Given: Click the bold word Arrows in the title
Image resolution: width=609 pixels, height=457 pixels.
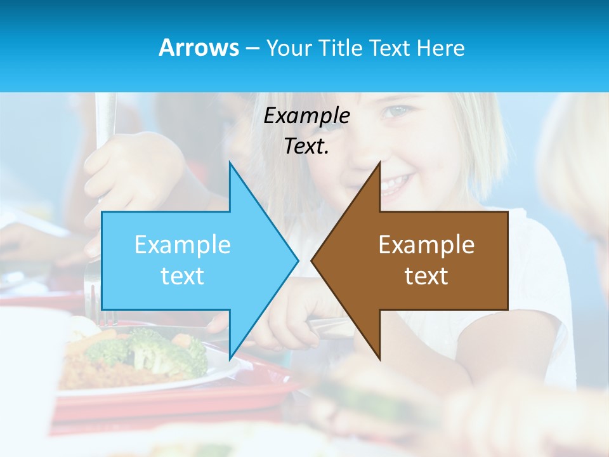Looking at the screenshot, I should [x=199, y=48].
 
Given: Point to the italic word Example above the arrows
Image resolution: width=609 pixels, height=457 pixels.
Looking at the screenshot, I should [x=306, y=116].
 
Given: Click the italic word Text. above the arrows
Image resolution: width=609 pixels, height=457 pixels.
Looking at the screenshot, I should [x=306, y=146].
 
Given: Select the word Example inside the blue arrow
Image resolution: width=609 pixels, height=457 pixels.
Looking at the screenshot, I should [x=182, y=244].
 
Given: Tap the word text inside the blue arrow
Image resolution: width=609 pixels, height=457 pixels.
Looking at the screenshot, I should [x=182, y=275].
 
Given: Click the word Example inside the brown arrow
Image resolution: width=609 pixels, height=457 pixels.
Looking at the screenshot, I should [x=426, y=244].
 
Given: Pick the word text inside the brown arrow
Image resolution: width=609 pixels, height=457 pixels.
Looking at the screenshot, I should [x=426, y=275].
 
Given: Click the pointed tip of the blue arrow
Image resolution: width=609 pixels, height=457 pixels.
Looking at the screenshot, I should [x=297, y=260].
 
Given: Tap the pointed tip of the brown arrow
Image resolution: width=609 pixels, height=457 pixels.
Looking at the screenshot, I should [x=312, y=260].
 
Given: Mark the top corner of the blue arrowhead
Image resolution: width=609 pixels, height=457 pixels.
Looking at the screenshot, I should [x=230, y=162].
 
